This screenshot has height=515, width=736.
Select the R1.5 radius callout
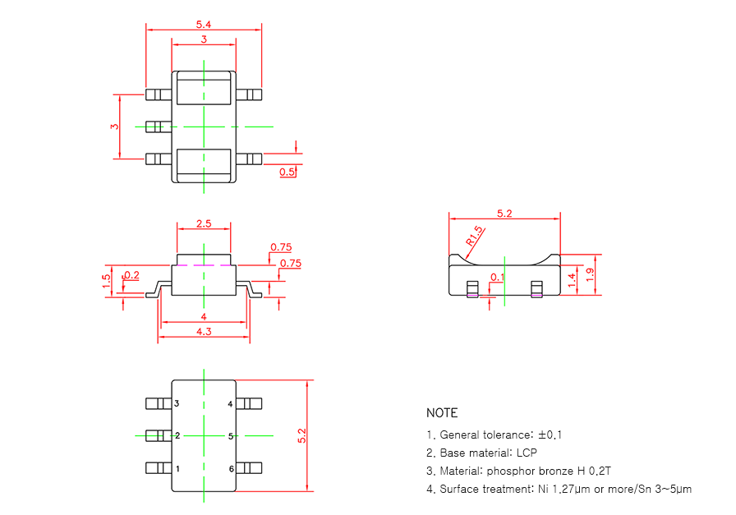[474, 237]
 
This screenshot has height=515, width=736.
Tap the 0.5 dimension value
[287, 172]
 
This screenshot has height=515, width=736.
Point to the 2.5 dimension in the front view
[204, 223]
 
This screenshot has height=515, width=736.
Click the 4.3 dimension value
[203, 331]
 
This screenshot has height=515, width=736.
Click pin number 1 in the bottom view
[177, 468]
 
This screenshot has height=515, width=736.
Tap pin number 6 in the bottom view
[231, 468]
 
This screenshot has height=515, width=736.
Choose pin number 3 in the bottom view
[177, 404]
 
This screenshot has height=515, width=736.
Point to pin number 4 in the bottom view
[231, 404]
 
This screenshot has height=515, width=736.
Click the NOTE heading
[442, 413]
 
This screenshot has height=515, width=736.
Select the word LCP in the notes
[527, 453]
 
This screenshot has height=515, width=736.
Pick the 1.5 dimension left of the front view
[107, 278]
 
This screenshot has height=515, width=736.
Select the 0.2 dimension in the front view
[131, 275]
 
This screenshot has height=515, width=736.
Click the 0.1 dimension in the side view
[496, 278]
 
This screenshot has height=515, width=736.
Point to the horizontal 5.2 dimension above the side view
[504, 214]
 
